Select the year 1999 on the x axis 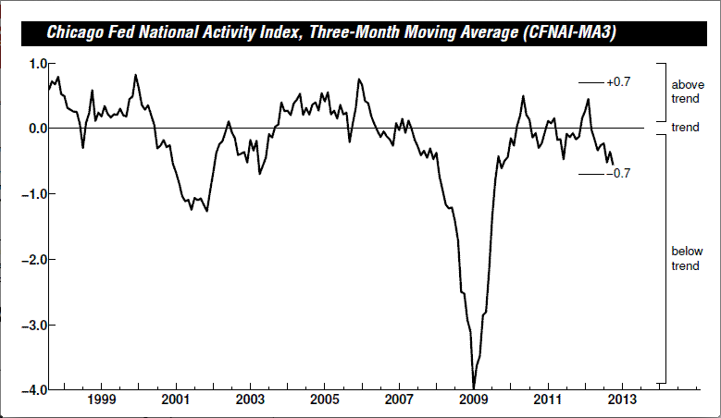[x=102, y=402]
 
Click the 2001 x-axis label [x=176, y=402]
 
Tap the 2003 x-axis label [x=251, y=402]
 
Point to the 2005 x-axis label [x=325, y=402]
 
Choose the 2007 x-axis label [x=400, y=402]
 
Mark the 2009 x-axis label [x=474, y=402]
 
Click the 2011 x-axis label [x=548, y=402]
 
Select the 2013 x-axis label [x=622, y=402]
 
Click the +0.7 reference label [x=618, y=82]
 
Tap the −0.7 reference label [x=618, y=173]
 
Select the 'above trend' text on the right [x=686, y=91]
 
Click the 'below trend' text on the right [x=686, y=258]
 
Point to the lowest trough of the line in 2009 [x=474, y=387]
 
